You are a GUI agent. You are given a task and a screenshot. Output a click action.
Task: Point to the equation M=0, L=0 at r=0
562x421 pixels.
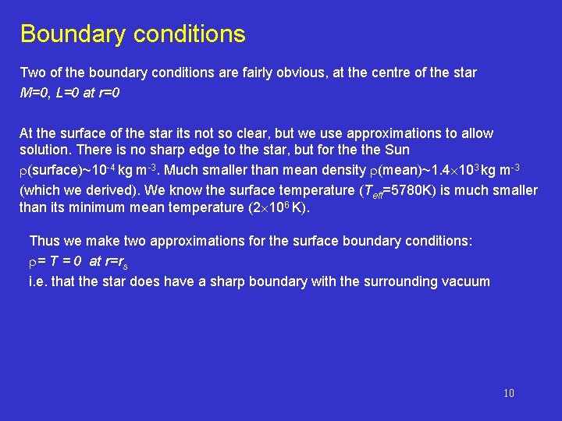click(69, 93)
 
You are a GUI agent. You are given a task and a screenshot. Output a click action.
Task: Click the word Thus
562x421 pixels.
click(43, 242)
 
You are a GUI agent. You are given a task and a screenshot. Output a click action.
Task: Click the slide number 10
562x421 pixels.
click(509, 393)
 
